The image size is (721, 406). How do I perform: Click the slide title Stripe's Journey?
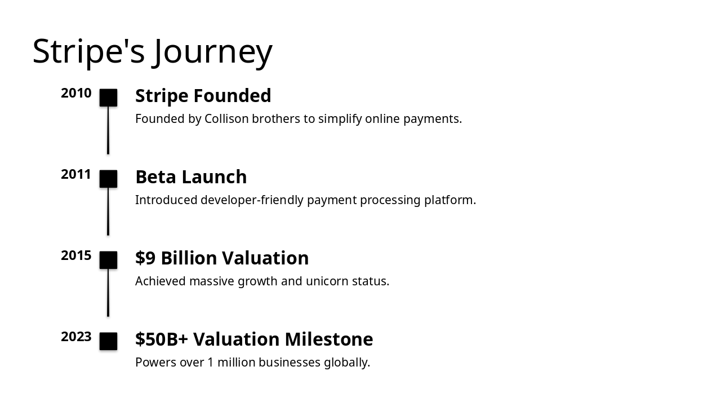(x=152, y=51)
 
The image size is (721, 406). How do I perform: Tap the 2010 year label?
(x=76, y=94)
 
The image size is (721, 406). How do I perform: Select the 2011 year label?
(x=76, y=175)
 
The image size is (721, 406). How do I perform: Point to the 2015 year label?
(x=76, y=256)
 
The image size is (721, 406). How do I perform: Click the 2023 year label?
(x=76, y=337)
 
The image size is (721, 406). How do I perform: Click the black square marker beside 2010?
(x=108, y=98)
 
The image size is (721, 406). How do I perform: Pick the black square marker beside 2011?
(x=108, y=179)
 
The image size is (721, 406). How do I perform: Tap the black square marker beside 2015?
(x=108, y=260)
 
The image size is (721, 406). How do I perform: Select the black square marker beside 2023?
(x=108, y=341)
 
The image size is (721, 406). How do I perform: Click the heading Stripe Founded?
(x=203, y=96)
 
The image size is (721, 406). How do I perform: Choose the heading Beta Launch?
(x=191, y=177)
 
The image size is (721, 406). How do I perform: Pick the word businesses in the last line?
(x=287, y=363)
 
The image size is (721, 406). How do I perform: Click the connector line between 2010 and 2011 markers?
(x=108, y=130)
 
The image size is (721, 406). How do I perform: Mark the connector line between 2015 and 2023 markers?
(x=108, y=293)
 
